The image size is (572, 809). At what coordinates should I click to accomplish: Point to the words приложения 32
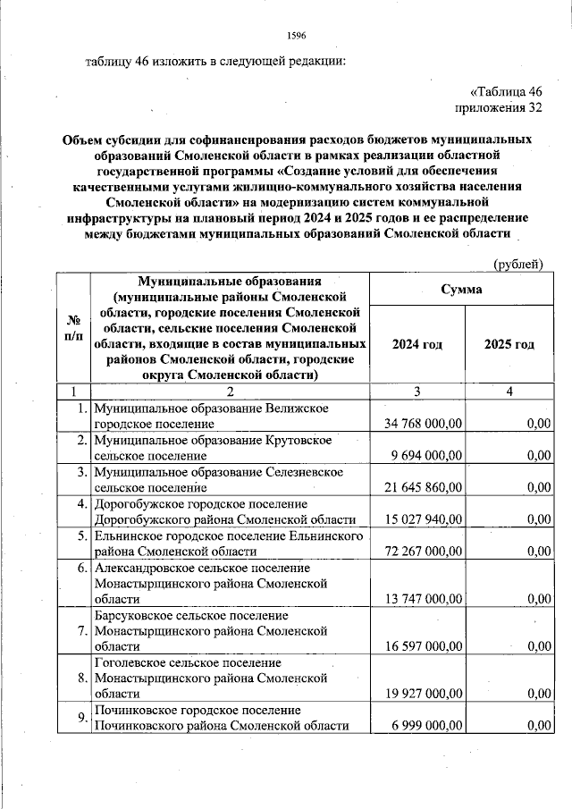click(499, 109)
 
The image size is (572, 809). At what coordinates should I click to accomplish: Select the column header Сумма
click(459, 290)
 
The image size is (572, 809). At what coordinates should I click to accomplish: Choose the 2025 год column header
click(509, 344)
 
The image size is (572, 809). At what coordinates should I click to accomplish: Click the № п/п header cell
click(73, 328)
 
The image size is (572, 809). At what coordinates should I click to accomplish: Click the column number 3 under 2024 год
click(417, 392)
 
